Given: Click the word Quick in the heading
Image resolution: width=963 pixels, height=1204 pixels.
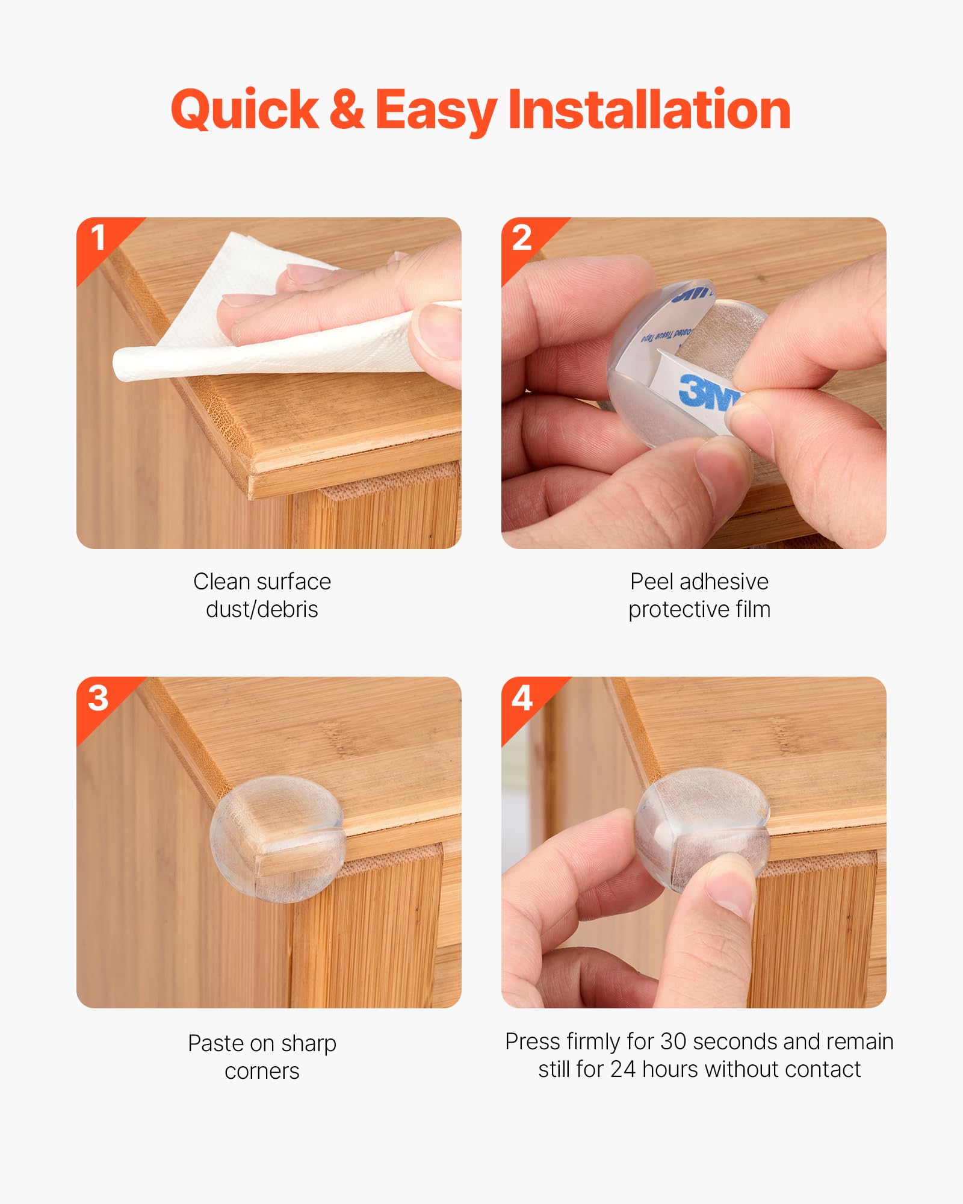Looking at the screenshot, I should coord(244,110).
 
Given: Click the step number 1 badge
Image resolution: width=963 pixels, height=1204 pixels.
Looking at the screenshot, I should coord(98,238).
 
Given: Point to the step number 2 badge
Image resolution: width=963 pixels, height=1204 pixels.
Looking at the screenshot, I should coord(522,238).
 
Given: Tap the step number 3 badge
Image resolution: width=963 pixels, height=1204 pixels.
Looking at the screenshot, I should coord(98,698).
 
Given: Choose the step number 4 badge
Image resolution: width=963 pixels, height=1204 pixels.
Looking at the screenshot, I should coord(522,698).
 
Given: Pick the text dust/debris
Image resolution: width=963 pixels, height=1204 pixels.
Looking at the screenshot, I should coord(262,610).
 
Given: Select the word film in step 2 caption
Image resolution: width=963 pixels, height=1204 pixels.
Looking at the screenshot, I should coord(752,610).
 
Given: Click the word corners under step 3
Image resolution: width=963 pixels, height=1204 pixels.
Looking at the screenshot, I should coord(262,1072).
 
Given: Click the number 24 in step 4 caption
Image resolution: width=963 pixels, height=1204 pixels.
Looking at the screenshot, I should coord(623,1070).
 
